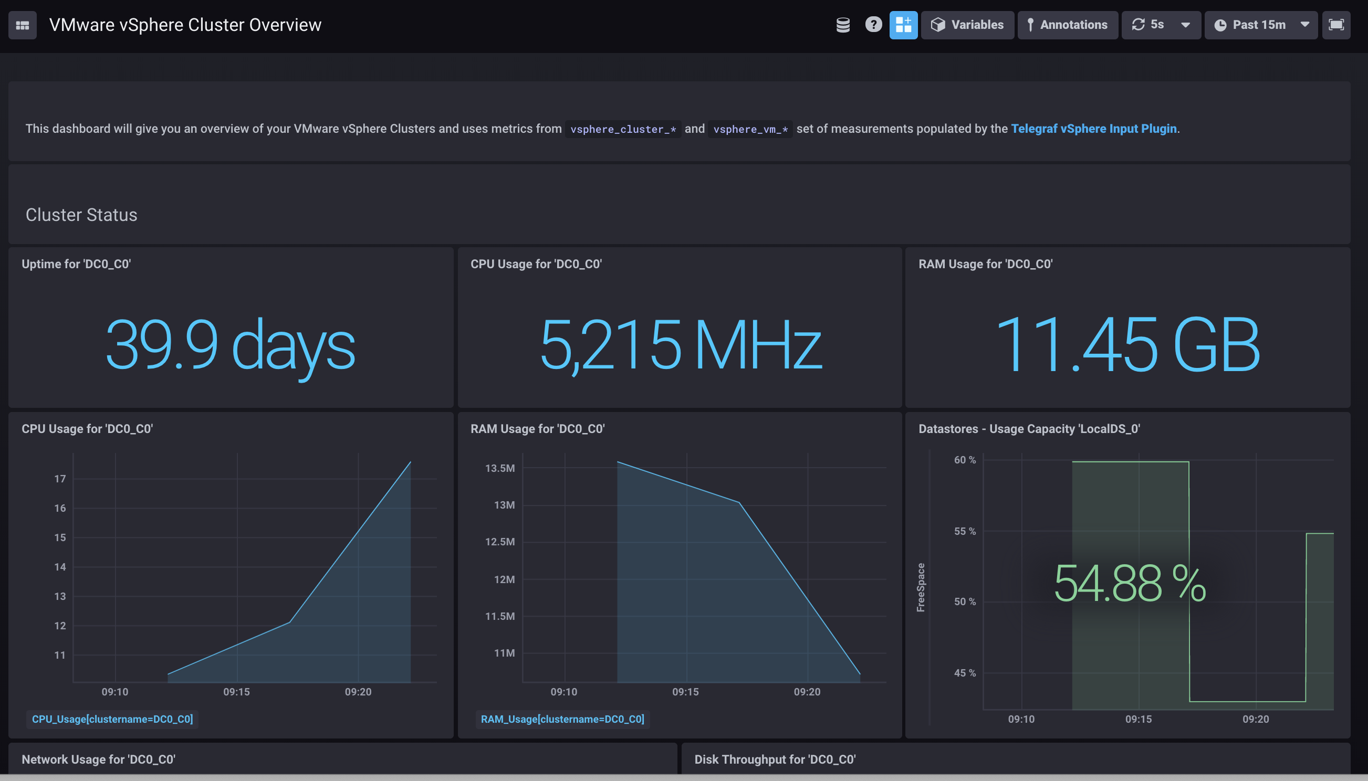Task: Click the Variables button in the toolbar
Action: point(967,25)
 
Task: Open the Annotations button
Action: point(1067,25)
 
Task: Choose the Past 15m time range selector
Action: point(1260,25)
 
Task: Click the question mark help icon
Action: point(873,25)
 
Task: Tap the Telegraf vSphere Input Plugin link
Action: point(1093,129)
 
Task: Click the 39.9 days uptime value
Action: point(230,344)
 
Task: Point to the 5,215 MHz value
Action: point(680,344)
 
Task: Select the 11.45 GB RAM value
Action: point(1127,344)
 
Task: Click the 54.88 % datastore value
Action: point(1130,584)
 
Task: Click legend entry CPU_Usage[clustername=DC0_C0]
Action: point(112,719)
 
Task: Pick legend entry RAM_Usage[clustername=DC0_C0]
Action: point(562,719)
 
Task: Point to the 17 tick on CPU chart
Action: point(59,479)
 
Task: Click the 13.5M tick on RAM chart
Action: point(499,468)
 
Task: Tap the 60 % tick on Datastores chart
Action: point(964,460)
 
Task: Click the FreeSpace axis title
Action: point(921,587)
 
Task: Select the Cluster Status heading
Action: point(81,215)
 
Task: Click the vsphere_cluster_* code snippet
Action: point(622,129)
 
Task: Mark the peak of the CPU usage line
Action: point(411,462)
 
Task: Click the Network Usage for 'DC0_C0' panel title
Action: point(99,759)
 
